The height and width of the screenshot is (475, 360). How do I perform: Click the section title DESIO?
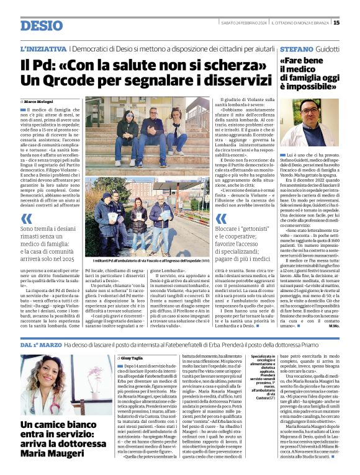point(42,25)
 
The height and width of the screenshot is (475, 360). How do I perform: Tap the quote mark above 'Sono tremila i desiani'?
point(26,218)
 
